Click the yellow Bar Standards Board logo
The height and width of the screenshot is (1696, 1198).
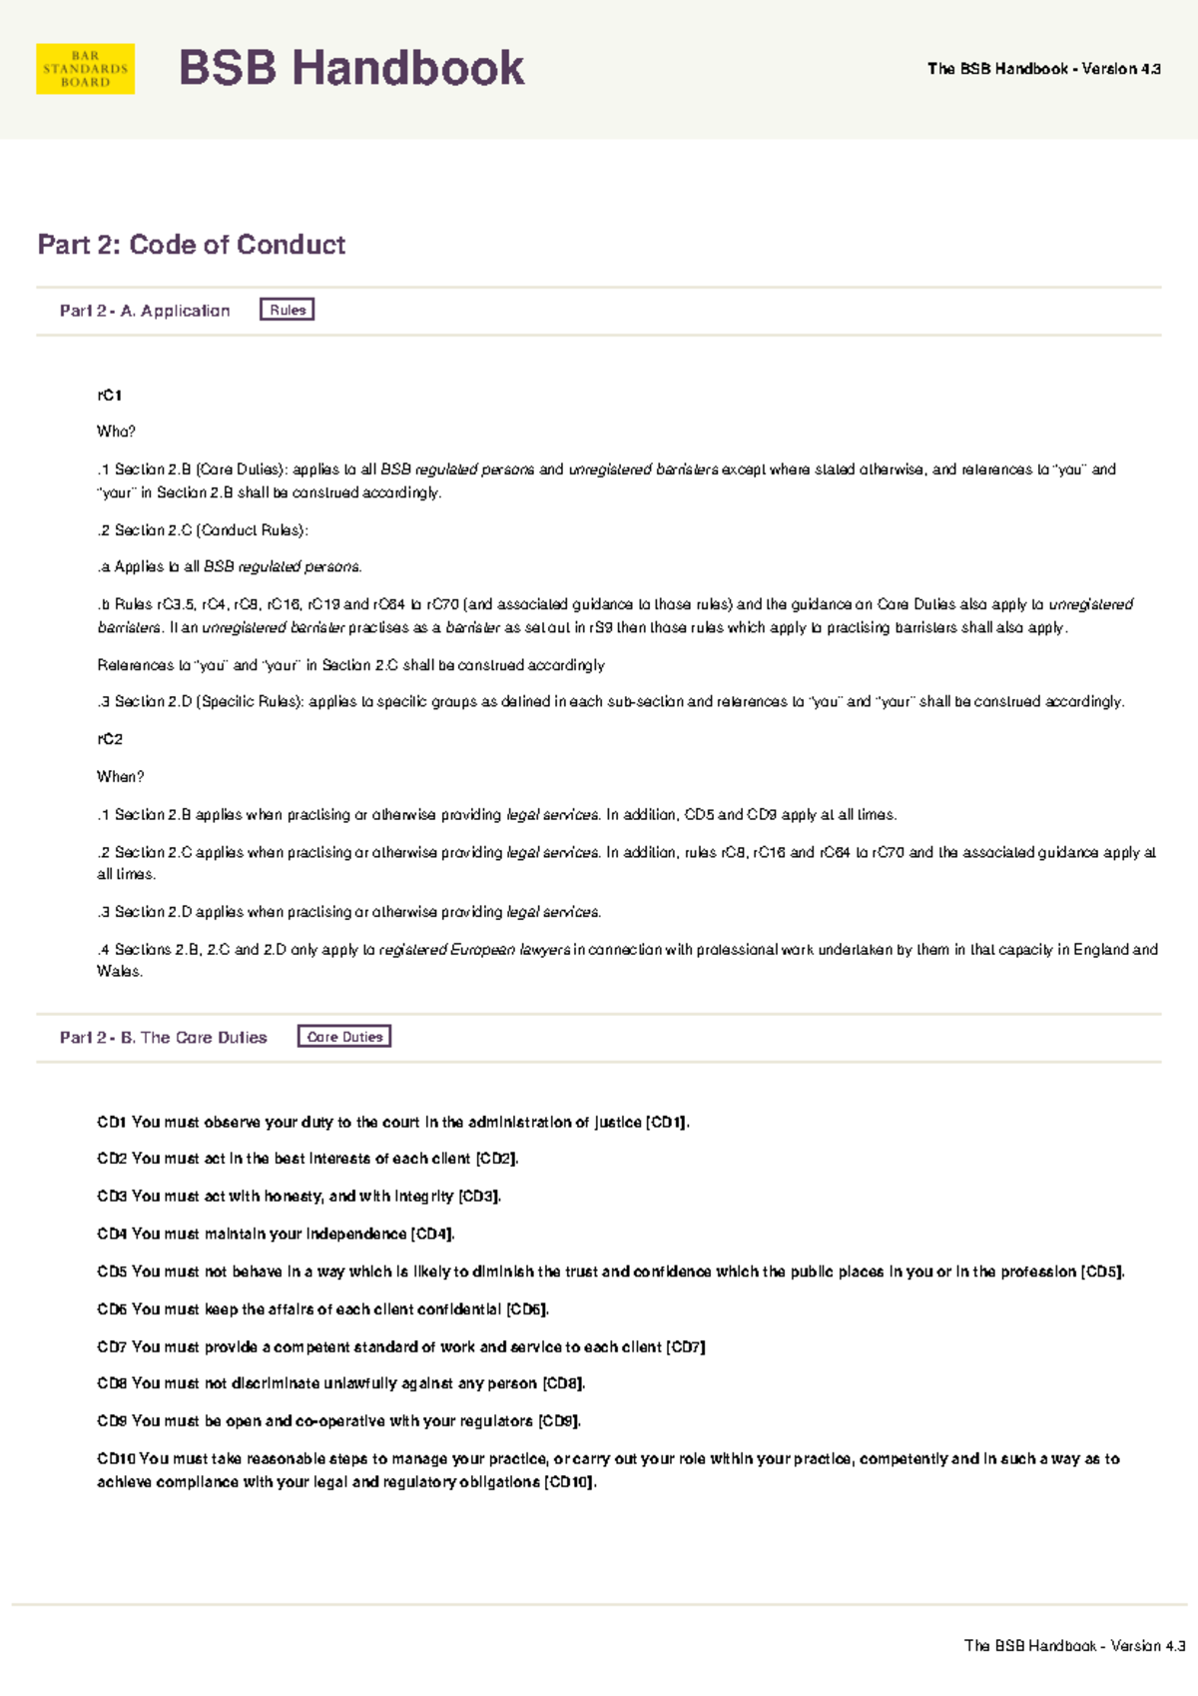coord(85,69)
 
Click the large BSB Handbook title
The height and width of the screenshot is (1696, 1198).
coord(350,69)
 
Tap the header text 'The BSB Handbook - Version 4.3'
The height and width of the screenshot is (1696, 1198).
coord(1043,69)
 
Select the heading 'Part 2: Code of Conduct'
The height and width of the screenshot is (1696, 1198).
coord(192,245)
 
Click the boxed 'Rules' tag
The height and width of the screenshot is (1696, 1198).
coord(288,310)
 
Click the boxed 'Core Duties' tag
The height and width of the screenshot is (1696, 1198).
coord(344,1037)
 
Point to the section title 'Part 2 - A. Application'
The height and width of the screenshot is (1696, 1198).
coord(145,311)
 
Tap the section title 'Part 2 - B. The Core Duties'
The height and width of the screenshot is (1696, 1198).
coord(164,1038)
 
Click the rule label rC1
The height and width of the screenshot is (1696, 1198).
coord(110,396)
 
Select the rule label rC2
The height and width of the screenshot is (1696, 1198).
coord(110,739)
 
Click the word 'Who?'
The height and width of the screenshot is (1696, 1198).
coord(116,431)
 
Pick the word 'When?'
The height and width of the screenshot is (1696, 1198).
coord(120,776)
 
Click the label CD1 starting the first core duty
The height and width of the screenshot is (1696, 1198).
coord(111,1123)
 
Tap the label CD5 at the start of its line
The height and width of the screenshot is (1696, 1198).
coord(111,1272)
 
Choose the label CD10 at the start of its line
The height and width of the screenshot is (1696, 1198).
coord(116,1458)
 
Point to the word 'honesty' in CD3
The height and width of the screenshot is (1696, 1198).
coord(294,1197)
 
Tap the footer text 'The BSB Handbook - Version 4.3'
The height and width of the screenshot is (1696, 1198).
coord(1074,1645)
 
